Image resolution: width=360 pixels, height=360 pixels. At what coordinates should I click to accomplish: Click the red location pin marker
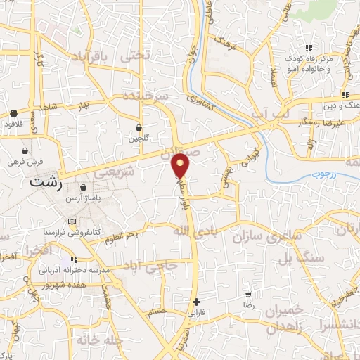pos(181,165)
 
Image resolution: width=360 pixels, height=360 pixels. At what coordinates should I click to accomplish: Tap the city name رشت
pos(47,181)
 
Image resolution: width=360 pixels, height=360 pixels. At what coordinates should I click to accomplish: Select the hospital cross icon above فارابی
pos(196,302)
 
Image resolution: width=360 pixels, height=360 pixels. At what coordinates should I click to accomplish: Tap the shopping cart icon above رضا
pos(247,295)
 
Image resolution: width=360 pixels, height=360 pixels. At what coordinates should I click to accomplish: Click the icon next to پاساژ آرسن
pos(84,188)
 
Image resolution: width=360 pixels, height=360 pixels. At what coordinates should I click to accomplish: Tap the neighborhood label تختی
pos(136,54)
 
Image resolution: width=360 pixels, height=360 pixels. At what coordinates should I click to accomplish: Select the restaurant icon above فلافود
pos(14,113)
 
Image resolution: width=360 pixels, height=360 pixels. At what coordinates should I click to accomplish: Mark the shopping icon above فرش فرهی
pos(25,150)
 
